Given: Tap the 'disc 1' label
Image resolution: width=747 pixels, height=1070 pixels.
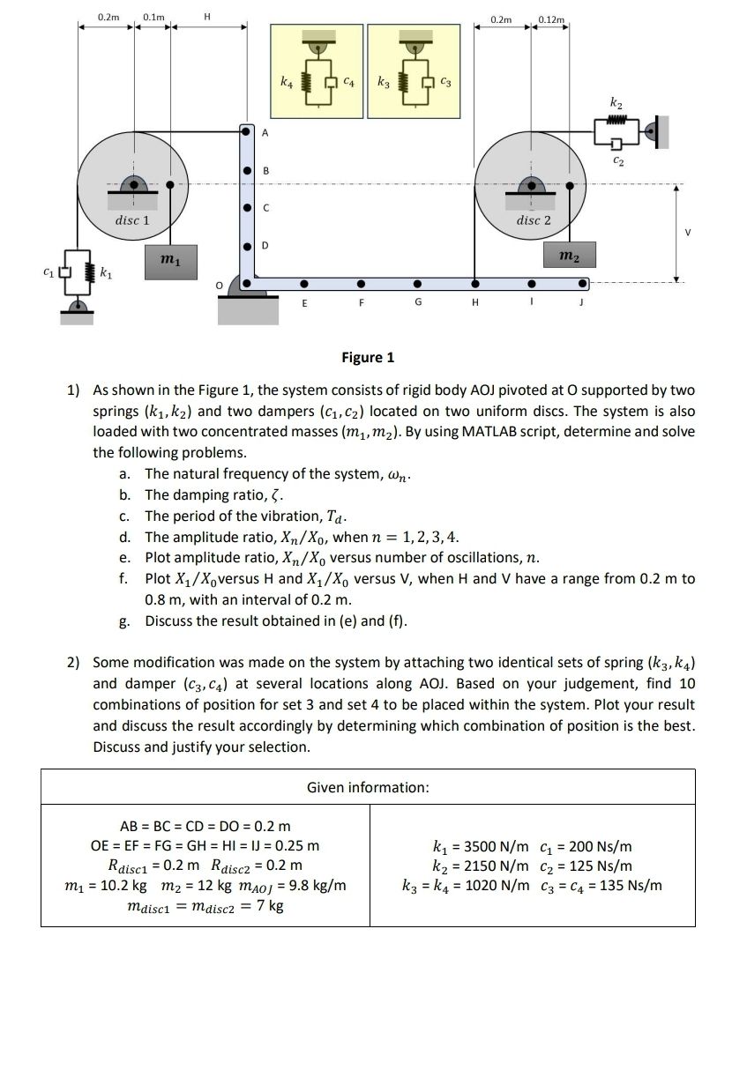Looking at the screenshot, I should (132, 219).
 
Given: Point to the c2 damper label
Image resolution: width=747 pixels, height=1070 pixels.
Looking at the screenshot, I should (619, 162).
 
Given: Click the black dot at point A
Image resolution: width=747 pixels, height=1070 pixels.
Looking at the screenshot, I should (247, 131).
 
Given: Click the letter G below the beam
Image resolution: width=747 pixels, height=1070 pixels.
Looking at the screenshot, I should (418, 302).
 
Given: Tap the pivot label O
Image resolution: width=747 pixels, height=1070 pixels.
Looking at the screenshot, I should (221, 286).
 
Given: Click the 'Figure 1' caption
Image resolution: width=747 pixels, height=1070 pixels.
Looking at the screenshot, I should (368, 357).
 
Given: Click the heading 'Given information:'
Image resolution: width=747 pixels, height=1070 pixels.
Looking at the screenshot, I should (368, 787).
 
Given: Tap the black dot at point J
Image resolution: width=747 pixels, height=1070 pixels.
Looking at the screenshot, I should (583, 284).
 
